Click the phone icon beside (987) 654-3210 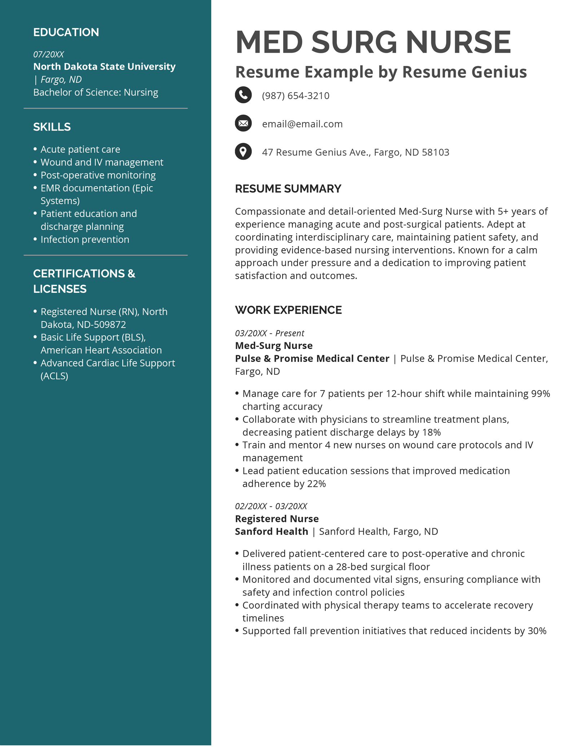pyautogui.click(x=243, y=95)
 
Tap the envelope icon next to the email pyautogui.click(x=243, y=123)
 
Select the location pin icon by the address pyautogui.click(x=243, y=151)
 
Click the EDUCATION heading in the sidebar pyautogui.click(x=66, y=32)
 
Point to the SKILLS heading pyautogui.click(x=52, y=127)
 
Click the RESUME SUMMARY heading pyautogui.click(x=288, y=189)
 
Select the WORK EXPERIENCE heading pyautogui.click(x=288, y=310)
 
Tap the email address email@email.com pyautogui.click(x=302, y=124)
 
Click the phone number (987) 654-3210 pyautogui.click(x=295, y=96)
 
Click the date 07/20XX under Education pyautogui.click(x=49, y=54)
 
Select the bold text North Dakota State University pyautogui.click(x=104, y=67)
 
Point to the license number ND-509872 pyautogui.click(x=101, y=325)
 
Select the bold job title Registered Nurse pyautogui.click(x=277, y=519)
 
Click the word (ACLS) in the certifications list pyautogui.click(x=54, y=376)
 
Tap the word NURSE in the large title pyautogui.click(x=458, y=42)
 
